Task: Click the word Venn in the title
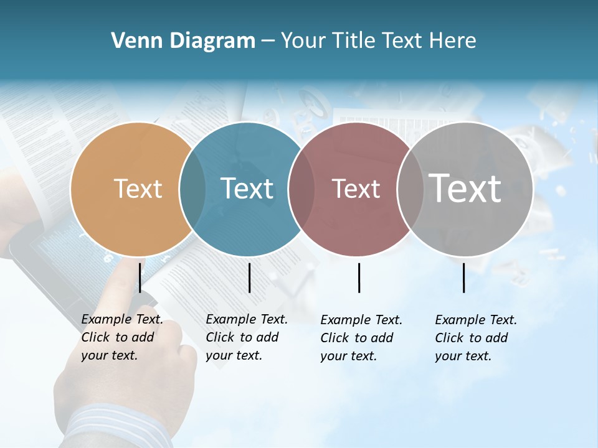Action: pyautogui.click(x=129, y=41)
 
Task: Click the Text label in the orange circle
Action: pyautogui.click(x=138, y=189)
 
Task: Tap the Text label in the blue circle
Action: pyautogui.click(x=247, y=189)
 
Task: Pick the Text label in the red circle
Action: pyautogui.click(x=356, y=189)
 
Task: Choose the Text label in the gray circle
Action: pyautogui.click(x=465, y=189)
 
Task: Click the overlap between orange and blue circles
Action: pyautogui.click(x=192, y=189)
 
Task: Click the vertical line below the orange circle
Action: pyautogui.click(x=140, y=278)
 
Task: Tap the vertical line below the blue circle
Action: pyautogui.click(x=249, y=278)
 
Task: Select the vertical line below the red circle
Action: pyautogui.click(x=359, y=278)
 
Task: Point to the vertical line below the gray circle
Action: pyautogui.click(x=463, y=278)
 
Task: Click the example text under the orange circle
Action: pyautogui.click(x=121, y=338)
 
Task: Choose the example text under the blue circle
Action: pyautogui.click(x=246, y=338)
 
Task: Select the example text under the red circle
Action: pyautogui.click(x=361, y=338)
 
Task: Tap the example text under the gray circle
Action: pyautogui.click(x=475, y=338)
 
